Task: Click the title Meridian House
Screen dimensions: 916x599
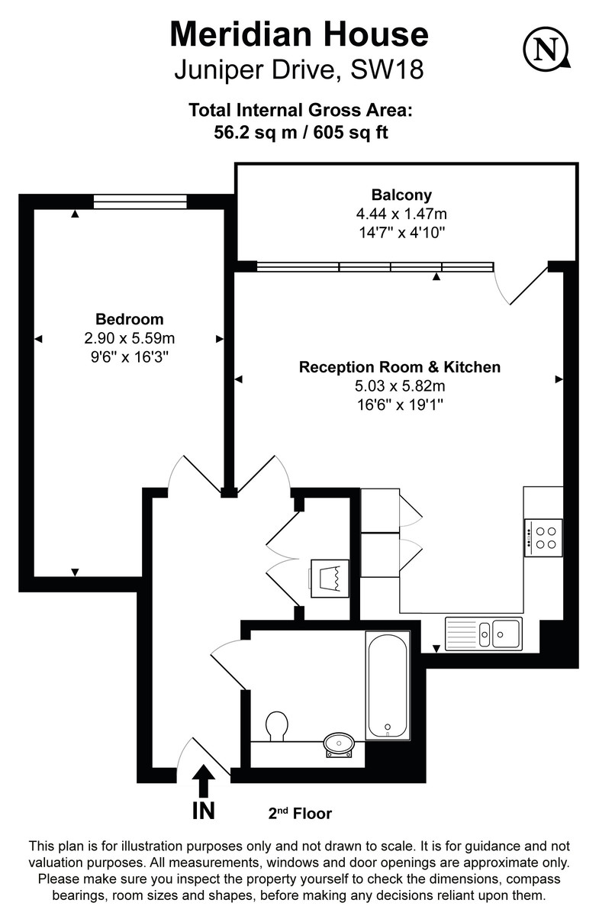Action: click(x=299, y=35)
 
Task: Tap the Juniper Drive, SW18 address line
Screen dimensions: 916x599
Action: click(x=299, y=70)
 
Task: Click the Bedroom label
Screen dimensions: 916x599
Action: click(x=129, y=319)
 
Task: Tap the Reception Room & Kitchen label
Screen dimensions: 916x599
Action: click(x=400, y=367)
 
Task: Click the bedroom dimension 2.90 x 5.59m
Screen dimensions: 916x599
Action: click(x=129, y=337)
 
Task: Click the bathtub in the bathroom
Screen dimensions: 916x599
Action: click(x=388, y=685)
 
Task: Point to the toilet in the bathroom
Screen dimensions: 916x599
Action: click(x=276, y=726)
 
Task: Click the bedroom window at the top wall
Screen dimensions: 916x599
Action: click(x=140, y=202)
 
